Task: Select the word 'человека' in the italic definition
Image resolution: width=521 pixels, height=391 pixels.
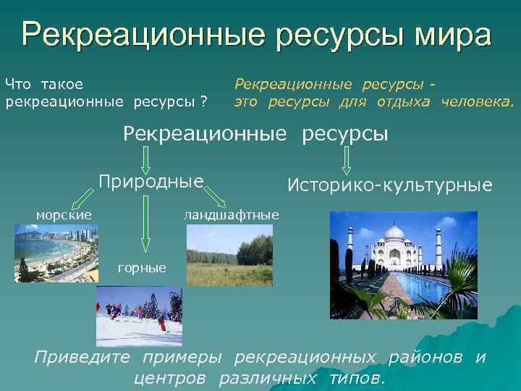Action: pos(477,102)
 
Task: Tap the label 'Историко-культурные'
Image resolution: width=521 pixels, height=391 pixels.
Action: pos(389,186)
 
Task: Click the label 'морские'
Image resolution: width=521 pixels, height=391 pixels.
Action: pos(64,214)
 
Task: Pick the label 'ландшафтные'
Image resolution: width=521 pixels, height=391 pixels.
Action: pos(231,214)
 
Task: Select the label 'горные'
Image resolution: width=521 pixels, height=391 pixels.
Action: pos(142,268)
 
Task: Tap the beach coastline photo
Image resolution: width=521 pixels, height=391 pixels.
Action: pos(56,252)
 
